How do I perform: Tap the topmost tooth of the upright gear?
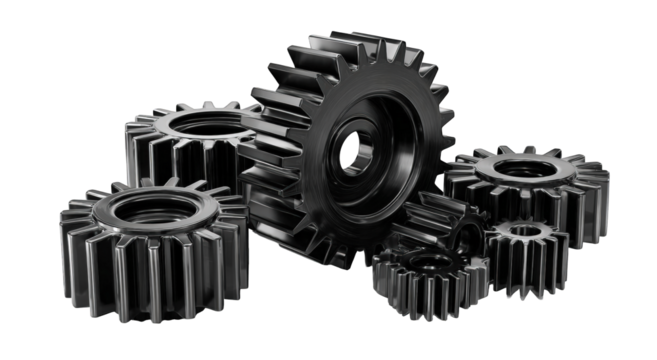[329, 45]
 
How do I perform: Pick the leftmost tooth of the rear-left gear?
[131, 140]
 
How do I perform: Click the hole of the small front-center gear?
[429, 261]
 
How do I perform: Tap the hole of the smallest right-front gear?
[527, 232]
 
